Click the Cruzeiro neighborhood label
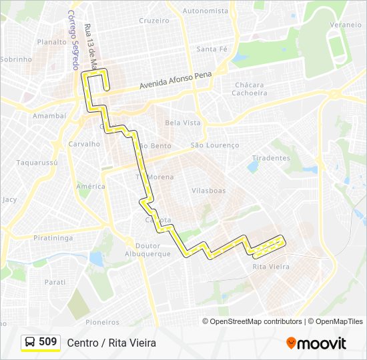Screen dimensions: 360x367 click(154, 21)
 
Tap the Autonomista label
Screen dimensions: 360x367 click(205, 11)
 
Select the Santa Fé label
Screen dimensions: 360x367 click(212, 49)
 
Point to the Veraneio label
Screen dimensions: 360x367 click(345, 25)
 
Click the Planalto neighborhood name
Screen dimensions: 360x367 click(52, 41)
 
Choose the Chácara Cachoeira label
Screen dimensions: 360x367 click(250, 89)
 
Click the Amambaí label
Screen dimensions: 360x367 click(49, 115)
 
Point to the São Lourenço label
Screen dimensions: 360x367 click(214, 145)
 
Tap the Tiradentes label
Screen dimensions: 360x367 click(272, 158)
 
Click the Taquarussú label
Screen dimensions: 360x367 click(37, 162)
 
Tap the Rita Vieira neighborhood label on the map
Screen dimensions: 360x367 click(271, 267)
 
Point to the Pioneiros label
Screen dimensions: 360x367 click(102, 322)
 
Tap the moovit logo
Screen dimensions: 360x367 click(316, 343)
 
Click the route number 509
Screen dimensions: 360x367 click(48, 342)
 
